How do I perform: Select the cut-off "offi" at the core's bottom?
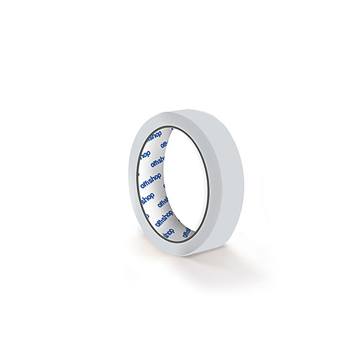tap(186, 232)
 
